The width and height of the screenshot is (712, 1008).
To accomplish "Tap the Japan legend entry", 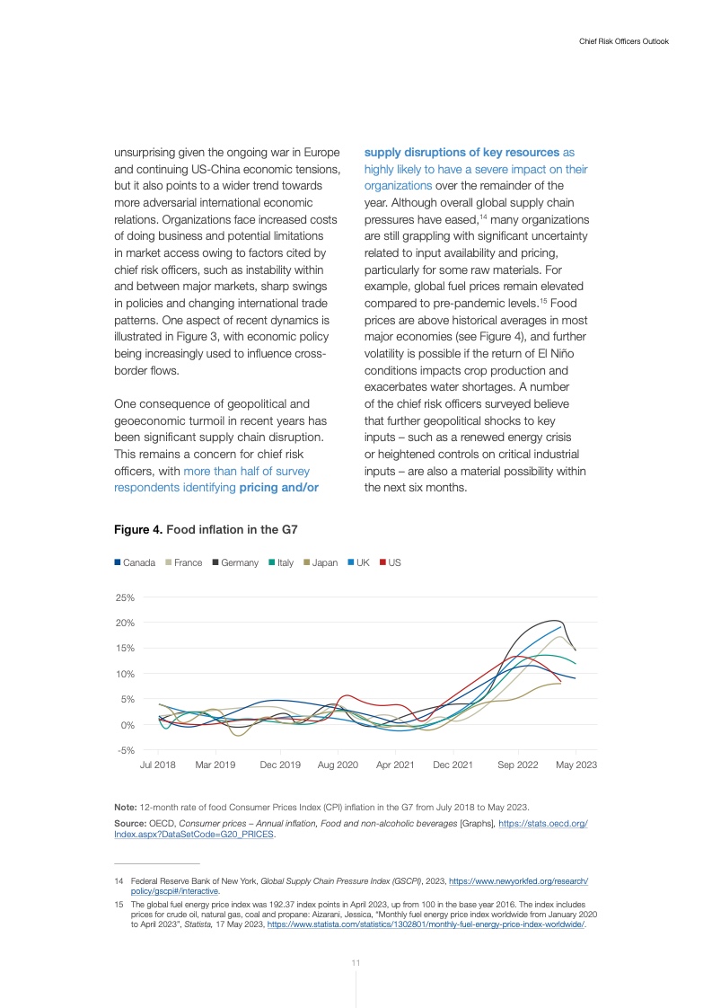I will pos(321,562).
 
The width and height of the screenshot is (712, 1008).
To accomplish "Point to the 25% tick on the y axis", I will pos(125,597).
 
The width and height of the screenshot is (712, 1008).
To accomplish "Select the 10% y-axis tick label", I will pos(125,674).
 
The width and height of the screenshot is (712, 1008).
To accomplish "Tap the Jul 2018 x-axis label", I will pos(158,765).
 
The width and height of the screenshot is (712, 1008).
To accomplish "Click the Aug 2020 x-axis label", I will pos(338,765).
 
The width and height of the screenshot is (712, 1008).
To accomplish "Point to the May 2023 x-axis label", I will pos(576,765).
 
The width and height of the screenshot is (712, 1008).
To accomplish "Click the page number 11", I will pos(356,963).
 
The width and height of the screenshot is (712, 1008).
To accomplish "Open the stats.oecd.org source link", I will pos(542,823).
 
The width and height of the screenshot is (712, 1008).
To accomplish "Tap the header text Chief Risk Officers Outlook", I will pos(623,41).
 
